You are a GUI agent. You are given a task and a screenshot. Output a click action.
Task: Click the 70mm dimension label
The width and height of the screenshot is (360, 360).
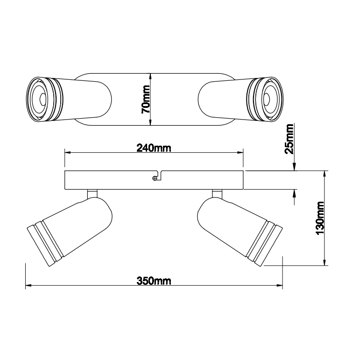pyautogui.click(x=146, y=99)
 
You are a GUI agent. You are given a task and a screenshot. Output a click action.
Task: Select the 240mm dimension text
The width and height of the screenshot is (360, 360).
pyautogui.click(x=154, y=148)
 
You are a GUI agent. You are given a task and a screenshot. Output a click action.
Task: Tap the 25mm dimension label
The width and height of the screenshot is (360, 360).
pyautogui.click(x=289, y=139)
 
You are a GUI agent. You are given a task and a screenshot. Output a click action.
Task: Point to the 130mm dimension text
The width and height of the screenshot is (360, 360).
pyautogui.click(x=320, y=218)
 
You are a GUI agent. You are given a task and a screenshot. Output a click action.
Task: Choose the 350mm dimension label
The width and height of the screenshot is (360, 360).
pyautogui.click(x=154, y=281)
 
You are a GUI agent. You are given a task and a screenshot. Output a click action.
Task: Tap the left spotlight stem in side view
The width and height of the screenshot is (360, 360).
pyautogui.click(x=92, y=194)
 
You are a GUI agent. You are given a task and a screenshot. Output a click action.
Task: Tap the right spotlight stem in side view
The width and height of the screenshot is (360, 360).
pyautogui.click(x=217, y=194)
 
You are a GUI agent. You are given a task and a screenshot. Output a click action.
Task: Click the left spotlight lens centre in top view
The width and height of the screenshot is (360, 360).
pyautogui.click(x=42, y=99)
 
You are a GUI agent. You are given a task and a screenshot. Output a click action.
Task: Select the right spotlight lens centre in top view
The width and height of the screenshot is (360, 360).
pyautogui.click(x=266, y=99)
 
